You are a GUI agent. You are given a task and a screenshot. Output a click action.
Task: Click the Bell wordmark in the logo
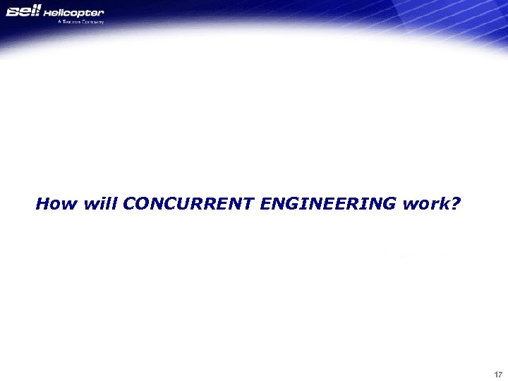pyautogui.click(x=25, y=13)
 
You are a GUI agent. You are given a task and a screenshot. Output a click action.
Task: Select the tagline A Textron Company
pyautogui.click(x=80, y=22)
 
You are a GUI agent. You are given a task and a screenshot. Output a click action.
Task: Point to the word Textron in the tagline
pyautogui.click(x=73, y=22)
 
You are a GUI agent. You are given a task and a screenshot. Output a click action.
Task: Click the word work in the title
pyautogui.click(x=423, y=205)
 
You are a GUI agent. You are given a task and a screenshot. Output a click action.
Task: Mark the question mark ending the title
pyautogui.click(x=455, y=205)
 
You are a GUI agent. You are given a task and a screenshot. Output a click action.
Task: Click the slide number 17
pyautogui.click(x=497, y=374)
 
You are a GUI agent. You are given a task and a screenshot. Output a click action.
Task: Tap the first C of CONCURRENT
pyautogui.click(x=129, y=205)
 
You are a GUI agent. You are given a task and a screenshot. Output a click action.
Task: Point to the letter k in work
pyautogui.click(x=442, y=205)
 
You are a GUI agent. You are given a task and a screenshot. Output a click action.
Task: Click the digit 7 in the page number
pyautogui.click(x=500, y=374)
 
